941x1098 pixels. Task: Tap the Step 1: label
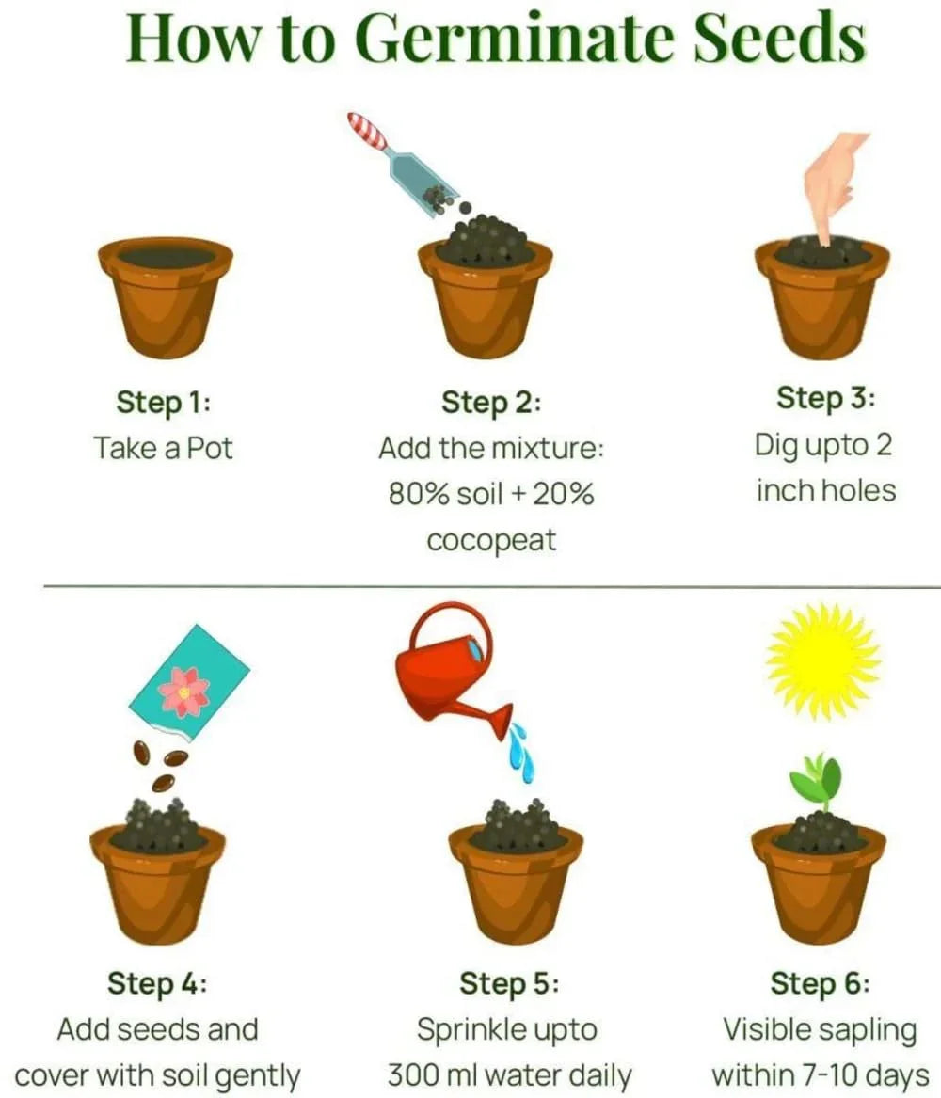tap(163, 402)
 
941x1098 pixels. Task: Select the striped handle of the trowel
tap(367, 131)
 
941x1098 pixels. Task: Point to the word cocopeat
tap(491, 541)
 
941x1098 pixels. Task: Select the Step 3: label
tap(825, 398)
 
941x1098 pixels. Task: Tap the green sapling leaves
tap(815, 779)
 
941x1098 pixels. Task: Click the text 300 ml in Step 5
tap(442, 1074)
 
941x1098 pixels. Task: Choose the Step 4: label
tap(157, 983)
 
